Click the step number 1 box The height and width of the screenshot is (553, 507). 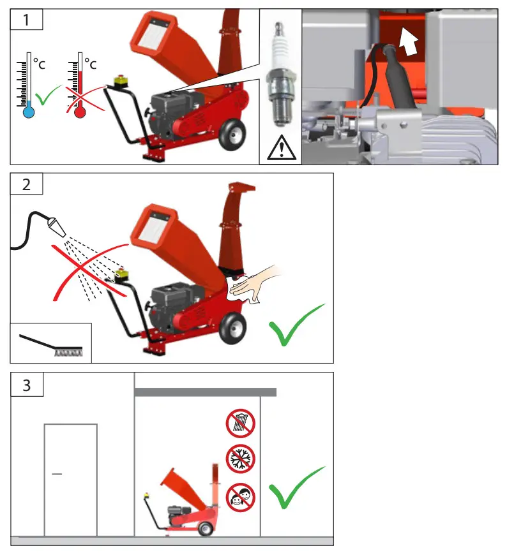pyautogui.click(x=26, y=20)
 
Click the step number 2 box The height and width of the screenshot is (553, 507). pyautogui.click(x=26, y=184)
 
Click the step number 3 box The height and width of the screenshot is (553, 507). pyautogui.click(x=26, y=385)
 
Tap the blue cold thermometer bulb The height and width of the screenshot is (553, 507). pyautogui.click(x=27, y=112)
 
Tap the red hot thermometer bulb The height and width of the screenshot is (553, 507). pyautogui.click(x=80, y=112)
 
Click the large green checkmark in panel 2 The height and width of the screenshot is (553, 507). pyautogui.click(x=296, y=325)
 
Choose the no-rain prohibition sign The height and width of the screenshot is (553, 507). pyautogui.click(x=240, y=423)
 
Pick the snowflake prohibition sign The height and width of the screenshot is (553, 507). pyautogui.click(x=240, y=459)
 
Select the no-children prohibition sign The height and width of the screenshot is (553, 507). pyautogui.click(x=240, y=497)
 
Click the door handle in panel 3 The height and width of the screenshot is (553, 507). pyautogui.click(x=56, y=475)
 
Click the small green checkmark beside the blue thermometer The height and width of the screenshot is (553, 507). pyautogui.click(x=47, y=96)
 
